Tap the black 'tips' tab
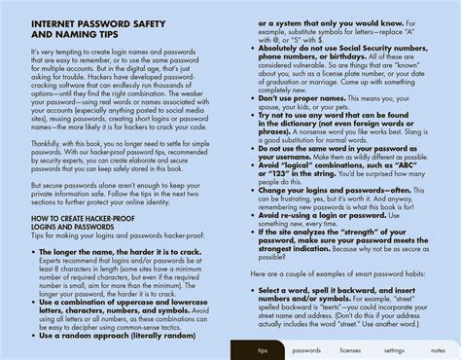click(263, 350)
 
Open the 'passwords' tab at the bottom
click(306, 350)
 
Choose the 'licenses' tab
click(350, 350)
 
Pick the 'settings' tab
click(394, 350)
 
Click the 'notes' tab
click(439, 350)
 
